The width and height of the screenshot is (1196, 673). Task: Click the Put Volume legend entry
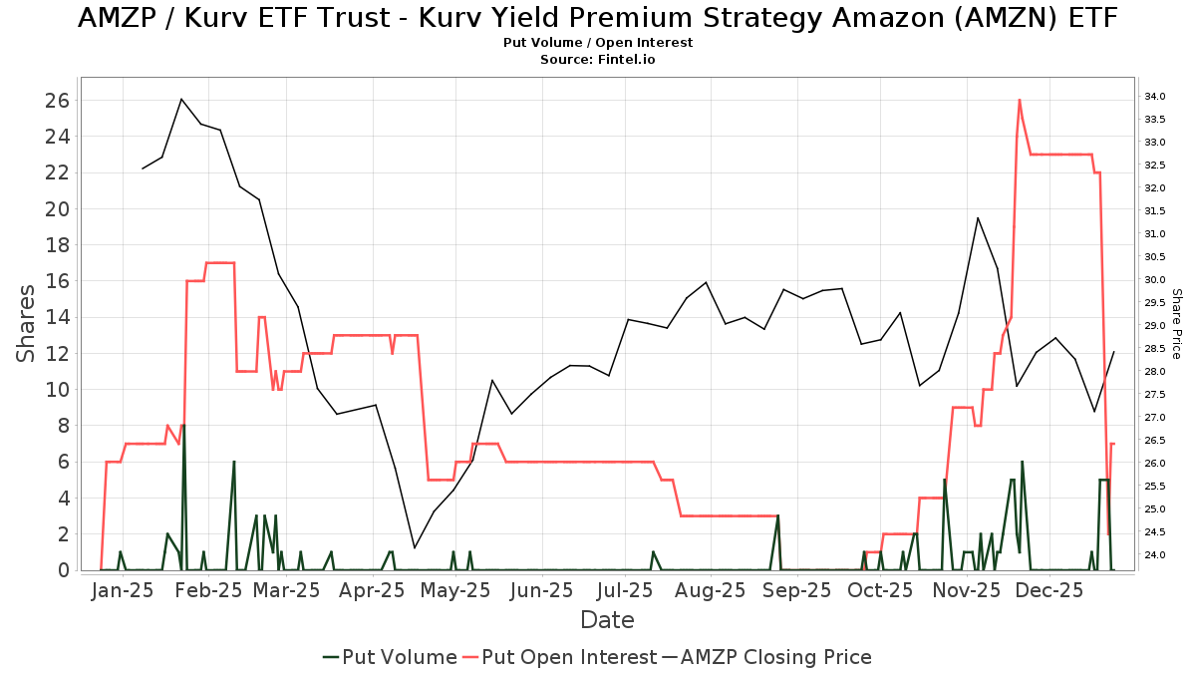390,657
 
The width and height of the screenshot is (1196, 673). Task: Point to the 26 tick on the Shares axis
56,100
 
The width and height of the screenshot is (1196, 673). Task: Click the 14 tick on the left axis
56,317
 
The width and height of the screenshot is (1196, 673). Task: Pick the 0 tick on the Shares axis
62,570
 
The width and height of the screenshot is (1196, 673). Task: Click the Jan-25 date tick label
123,590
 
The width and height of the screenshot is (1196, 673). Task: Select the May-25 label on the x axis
455,590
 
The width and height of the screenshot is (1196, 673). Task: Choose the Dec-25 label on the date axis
1042,590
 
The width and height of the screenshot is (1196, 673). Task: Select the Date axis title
607,620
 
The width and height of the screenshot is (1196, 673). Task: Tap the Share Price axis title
1176,323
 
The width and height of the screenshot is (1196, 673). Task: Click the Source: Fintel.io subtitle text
598,60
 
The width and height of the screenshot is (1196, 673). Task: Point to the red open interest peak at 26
1019,100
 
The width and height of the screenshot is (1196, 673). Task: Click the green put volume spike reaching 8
183,426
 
